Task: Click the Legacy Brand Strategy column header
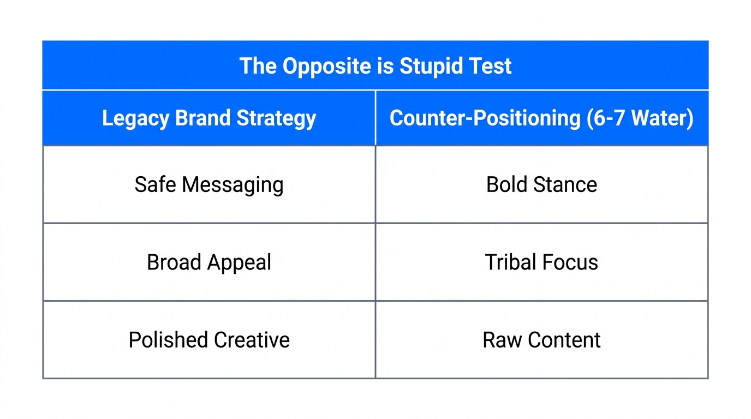coord(209,118)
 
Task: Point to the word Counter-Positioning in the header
coord(485,118)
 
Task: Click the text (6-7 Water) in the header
coord(640,118)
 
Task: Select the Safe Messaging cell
coord(209,184)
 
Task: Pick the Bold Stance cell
coord(541,184)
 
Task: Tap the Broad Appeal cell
coord(209,262)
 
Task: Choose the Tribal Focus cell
coord(541,262)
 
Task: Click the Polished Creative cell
coord(209,340)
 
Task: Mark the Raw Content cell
coord(541,340)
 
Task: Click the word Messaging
coord(233,185)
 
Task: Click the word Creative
coord(252,340)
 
